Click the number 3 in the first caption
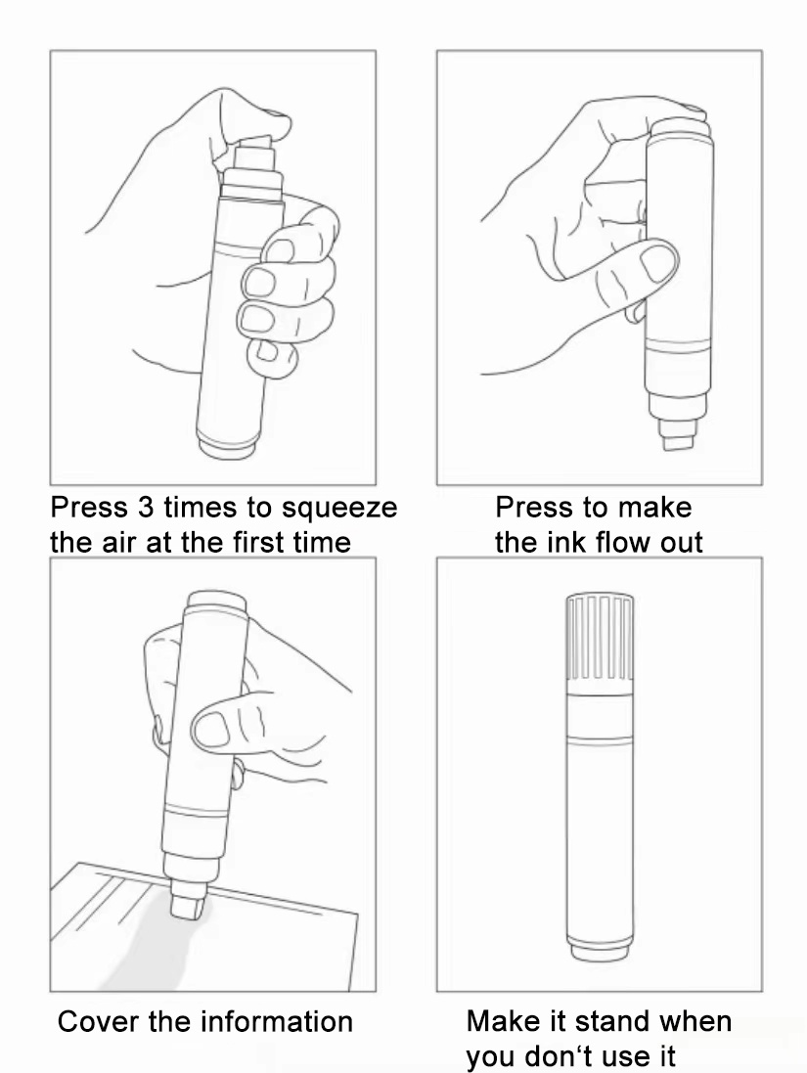(146, 507)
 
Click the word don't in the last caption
(559, 1056)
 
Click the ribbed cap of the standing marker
(600, 638)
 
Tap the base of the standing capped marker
(599, 950)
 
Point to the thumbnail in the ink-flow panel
(657, 264)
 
